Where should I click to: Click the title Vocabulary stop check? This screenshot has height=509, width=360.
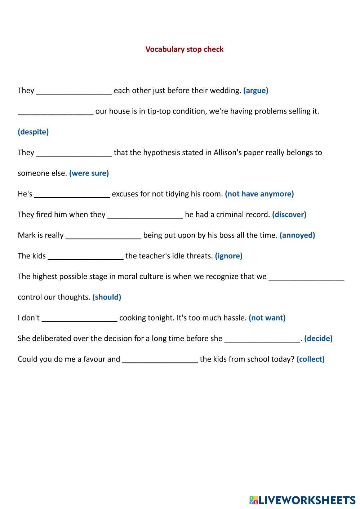coord(184,49)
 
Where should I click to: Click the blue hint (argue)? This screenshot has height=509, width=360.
coord(255,90)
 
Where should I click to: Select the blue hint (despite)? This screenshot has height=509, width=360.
coord(33,132)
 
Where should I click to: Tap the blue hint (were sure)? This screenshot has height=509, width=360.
coord(89,173)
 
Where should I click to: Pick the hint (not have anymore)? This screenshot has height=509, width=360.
coord(259,194)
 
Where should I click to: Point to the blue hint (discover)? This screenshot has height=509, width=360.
coord(289,214)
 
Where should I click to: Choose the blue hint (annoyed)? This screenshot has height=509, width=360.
coord(297,235)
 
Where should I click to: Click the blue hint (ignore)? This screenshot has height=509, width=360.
coord(228,256)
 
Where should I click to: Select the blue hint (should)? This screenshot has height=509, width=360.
coord(107,297)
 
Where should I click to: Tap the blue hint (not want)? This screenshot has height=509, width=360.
coord(267,318)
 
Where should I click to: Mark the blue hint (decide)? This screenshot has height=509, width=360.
coord(318,338)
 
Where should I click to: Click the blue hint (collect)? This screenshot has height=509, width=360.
coord(310,359)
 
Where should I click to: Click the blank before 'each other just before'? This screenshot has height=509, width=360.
coord(74,90)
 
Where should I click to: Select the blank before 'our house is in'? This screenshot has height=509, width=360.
coord(55,111)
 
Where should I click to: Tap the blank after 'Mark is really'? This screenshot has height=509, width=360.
coord(103,235)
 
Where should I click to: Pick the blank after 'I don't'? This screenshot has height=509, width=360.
coord(80,318)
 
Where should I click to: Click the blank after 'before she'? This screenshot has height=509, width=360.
coord(262,338)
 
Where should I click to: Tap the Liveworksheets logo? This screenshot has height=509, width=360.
coord(302,500)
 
